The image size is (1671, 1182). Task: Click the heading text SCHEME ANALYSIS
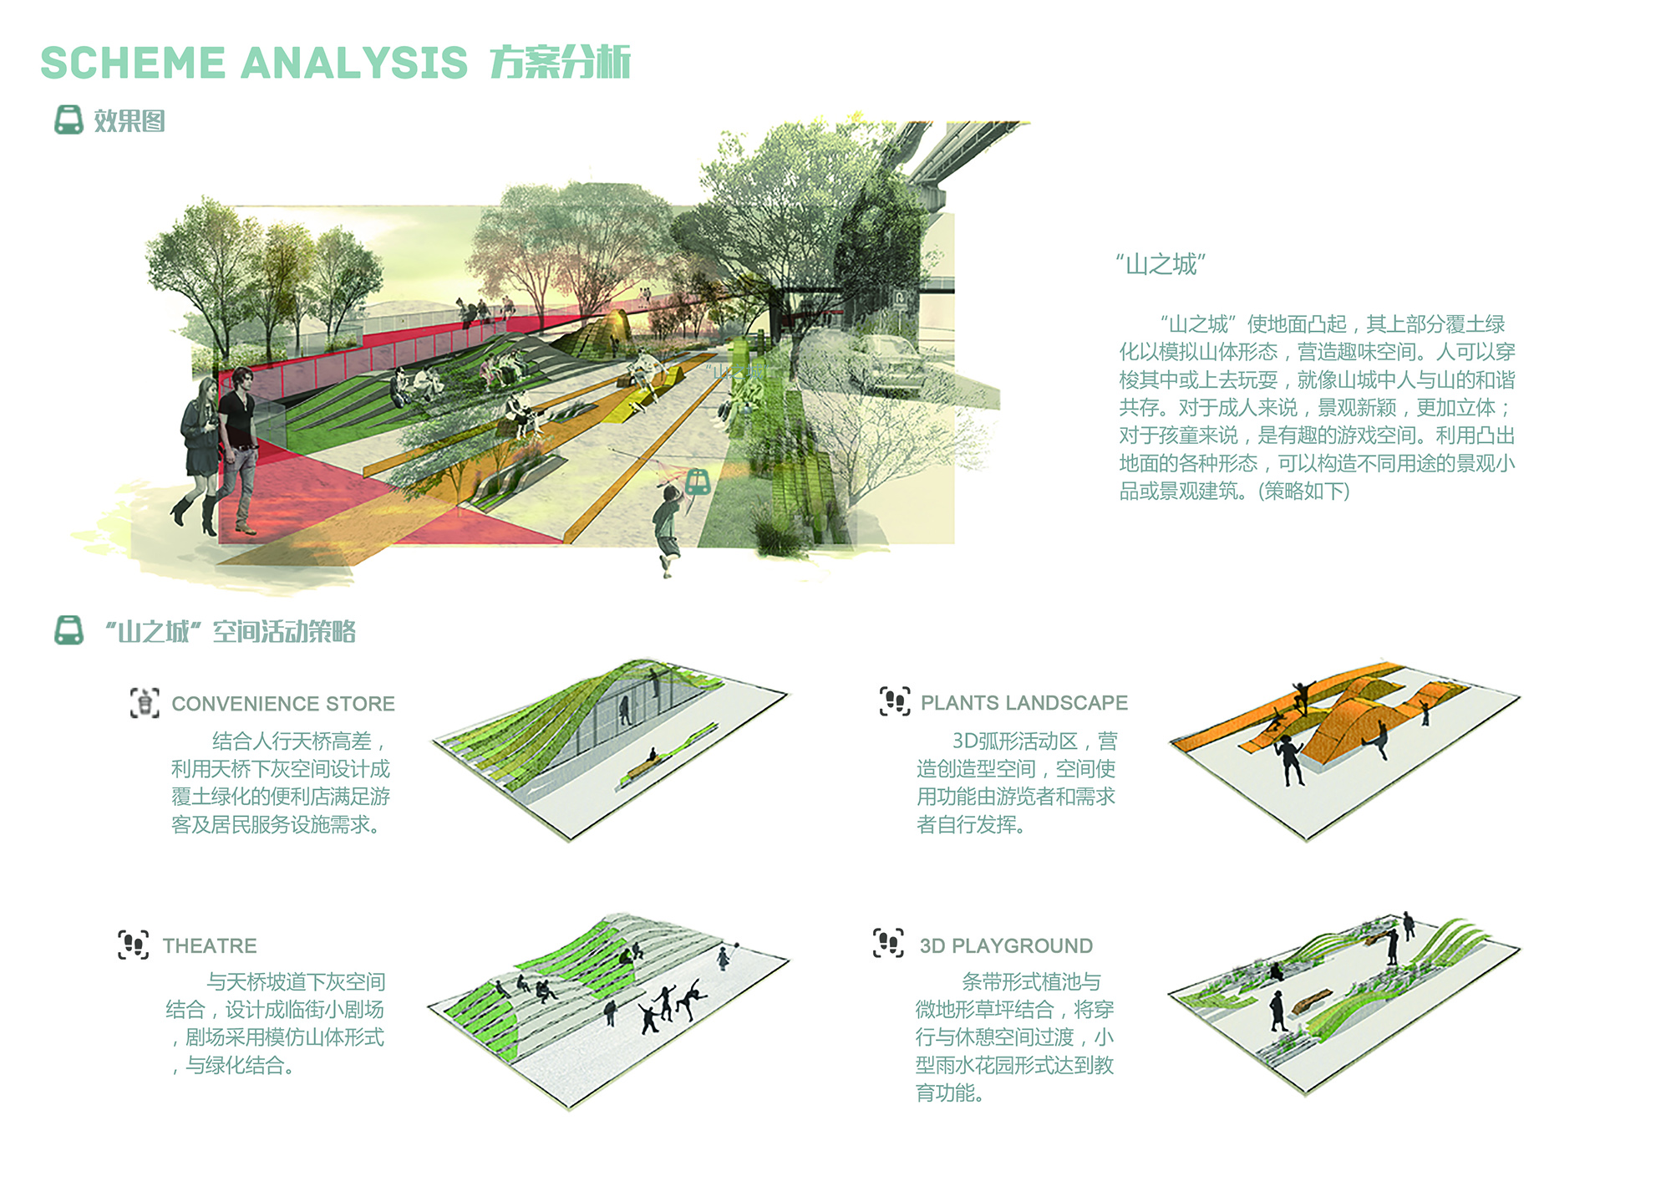tap(254, 63)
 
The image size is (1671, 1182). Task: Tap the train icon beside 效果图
tap(69, 120)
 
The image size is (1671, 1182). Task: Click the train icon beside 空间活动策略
tap(69, 630)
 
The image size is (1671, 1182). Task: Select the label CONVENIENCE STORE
tap(283, 704)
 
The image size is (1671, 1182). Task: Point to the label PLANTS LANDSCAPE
tap(1024, 703)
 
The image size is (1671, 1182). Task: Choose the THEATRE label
tap(210, 945)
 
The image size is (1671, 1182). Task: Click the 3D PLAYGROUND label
tap(1006, 945)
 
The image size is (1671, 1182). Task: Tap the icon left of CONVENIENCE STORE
tap(145, 703)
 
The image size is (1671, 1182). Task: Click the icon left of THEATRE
tap(134, 945)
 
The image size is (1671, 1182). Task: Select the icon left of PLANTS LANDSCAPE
tap(895, 701)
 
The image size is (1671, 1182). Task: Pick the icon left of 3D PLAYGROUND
tap(888, 943)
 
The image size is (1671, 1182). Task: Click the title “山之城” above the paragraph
tap(1161, 265)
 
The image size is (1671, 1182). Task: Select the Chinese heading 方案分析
tap(560, 63)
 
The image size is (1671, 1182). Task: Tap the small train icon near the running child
tap(698, 481)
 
